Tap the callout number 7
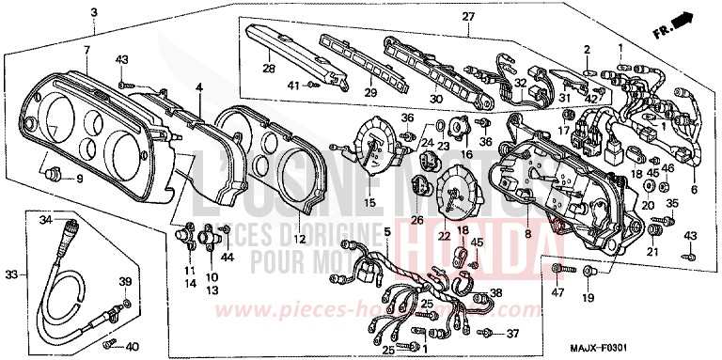[86, 48]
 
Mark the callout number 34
[45, 219]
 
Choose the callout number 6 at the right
[695, 190]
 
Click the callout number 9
[79, 179]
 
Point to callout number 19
[588, 298]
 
